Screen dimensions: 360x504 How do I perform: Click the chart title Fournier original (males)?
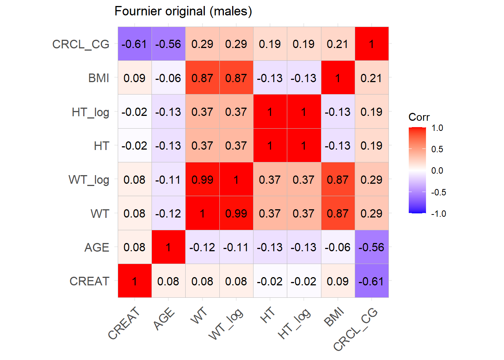pos(183,11)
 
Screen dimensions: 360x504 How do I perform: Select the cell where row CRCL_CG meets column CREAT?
pos(135,44)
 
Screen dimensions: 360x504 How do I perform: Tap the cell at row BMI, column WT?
pos(202,78)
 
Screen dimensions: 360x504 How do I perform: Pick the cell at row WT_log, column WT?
pos(202,180)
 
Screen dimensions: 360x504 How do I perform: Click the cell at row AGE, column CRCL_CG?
pos(372,247)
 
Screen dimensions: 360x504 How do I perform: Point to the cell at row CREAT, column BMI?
pos(338,281)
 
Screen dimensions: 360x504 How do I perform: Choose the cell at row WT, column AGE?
pos(168,213)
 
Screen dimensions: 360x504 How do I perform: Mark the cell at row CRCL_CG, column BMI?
pos(338,44)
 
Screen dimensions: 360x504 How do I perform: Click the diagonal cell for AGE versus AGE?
pos(168,247)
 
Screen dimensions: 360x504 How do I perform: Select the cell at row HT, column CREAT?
pos(135,145)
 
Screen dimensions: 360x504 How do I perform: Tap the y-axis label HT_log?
pos(90,112)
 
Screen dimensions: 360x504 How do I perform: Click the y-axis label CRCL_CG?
pos(81,44)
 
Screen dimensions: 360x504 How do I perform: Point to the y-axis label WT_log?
pos(89,180)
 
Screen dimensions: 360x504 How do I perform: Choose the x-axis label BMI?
pos(334,317)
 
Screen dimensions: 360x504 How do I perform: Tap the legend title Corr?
pos(419,117)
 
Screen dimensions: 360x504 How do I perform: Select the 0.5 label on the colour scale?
pos(437,149)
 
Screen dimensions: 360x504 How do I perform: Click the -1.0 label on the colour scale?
pos(438,214)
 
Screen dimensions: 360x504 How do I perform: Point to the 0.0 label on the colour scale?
pos(437,171)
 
